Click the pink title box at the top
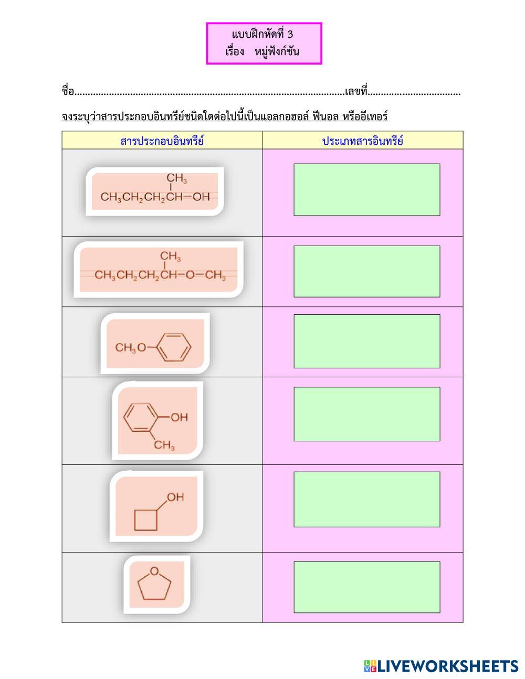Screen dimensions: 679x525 click(264, 44)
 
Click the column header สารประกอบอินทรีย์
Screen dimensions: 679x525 click(162, 141)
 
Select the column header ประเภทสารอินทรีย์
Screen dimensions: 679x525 click(363, 141)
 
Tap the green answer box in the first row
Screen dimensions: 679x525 click(366, 189)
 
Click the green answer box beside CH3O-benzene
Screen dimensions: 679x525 click(366, 341)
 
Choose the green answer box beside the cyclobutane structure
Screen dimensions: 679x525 click(366, 499)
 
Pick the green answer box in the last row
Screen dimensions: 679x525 click(366, 587)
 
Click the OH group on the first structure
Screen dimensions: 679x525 click(202, 197)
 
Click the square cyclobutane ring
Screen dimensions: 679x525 click(145, 519)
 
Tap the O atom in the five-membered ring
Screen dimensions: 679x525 click(154, 571)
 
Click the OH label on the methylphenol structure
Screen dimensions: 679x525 click(179, 418)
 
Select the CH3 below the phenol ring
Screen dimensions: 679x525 click(164, 446)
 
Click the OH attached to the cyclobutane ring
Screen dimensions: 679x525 click(175, 496)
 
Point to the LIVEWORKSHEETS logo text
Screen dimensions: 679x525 click(447, 666)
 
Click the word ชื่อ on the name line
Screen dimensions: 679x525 click(68, 92)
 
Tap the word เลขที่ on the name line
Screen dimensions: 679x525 click(356, 92)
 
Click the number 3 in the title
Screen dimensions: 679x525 click(290, 35)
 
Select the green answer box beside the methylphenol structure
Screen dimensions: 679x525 click(366, 414)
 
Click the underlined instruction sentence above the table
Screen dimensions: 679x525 click(224, 116)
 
